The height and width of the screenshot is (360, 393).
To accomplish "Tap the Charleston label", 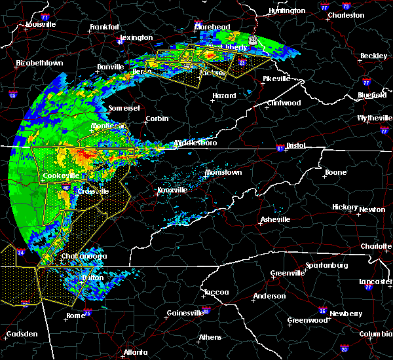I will pyautogui.click(x=346, y=14).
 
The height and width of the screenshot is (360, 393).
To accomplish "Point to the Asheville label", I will pyautogui.click(x=275, y=219).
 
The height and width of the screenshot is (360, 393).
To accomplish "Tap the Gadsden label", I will pyautogui.click(x=22, y=334).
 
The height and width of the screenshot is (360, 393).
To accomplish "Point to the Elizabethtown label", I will pyautogui.click(x=39, y=63).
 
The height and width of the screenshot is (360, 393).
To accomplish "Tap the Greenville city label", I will pyautogui.click(x=288, y=273).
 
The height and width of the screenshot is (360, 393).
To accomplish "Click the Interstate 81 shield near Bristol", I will pyautogui.click(x=280, y=147).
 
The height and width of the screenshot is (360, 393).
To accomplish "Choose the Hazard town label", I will pyautogui.click(x=224, y=96).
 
